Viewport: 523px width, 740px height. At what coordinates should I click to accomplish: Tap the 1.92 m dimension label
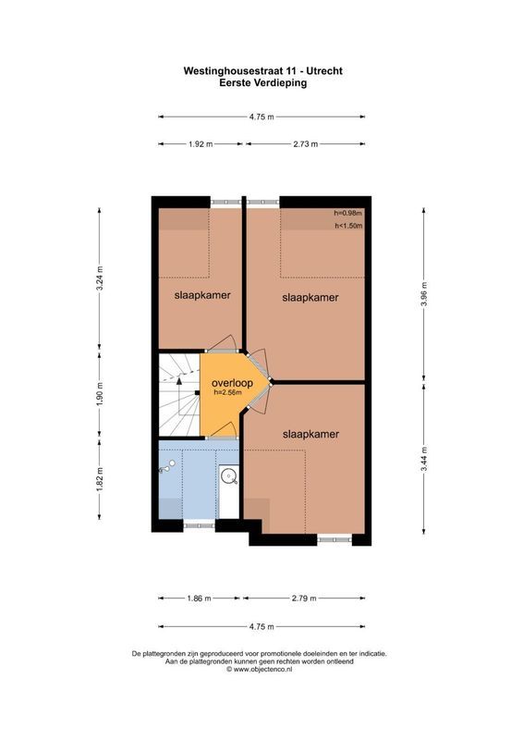[201, 144]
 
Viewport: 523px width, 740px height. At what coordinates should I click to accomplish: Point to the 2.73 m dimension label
[305, 144]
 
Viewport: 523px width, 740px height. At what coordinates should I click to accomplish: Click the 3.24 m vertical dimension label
[100, 278]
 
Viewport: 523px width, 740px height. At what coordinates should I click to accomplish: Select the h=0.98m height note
[348, 215]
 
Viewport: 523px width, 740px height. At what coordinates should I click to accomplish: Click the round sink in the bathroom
[228, 477]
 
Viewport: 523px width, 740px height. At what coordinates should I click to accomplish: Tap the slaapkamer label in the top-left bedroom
[201, 295]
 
